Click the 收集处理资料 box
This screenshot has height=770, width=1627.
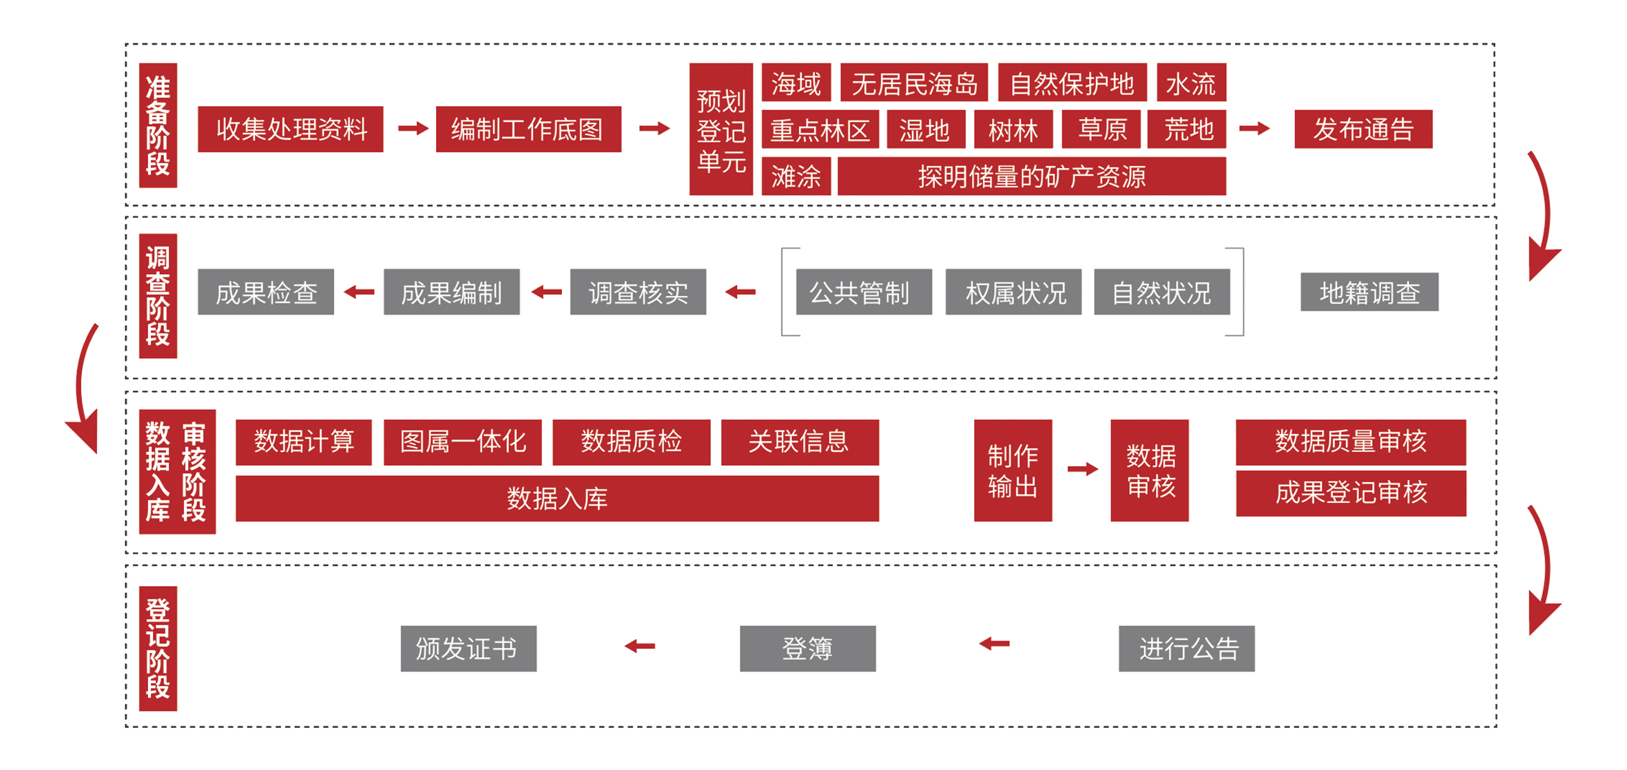[x=290, y=129]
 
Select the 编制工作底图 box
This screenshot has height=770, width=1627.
[x=528, y=129]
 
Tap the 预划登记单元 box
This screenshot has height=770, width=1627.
[x=721, y=129]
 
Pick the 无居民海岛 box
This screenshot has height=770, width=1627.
[x=914, y=83]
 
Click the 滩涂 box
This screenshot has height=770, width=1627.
[x=796, y=176]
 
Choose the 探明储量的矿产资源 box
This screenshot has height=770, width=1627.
[x=1031, y=176]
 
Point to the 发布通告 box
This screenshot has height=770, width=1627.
[x=1362, y=129]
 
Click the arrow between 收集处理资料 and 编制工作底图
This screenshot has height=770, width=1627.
[x=413, y=128]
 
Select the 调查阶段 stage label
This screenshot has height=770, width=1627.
[x=158, y=295]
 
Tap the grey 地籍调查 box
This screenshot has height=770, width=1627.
[x=1369, y=292]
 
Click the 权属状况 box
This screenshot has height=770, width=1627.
[x=1013, y=292]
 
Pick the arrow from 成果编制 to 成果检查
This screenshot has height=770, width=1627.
[x=359, y=292]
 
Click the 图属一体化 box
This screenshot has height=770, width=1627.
[x=462, y=442]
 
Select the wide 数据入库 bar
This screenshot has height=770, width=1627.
[x=557, y=498]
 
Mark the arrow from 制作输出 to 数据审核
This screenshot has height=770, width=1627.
[x=1082, y=470]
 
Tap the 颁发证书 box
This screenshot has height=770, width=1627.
[x=468, y=648]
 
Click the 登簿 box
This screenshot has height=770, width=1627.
[x=807, y=648]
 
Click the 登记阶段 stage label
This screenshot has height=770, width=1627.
[x=158, y=648]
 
